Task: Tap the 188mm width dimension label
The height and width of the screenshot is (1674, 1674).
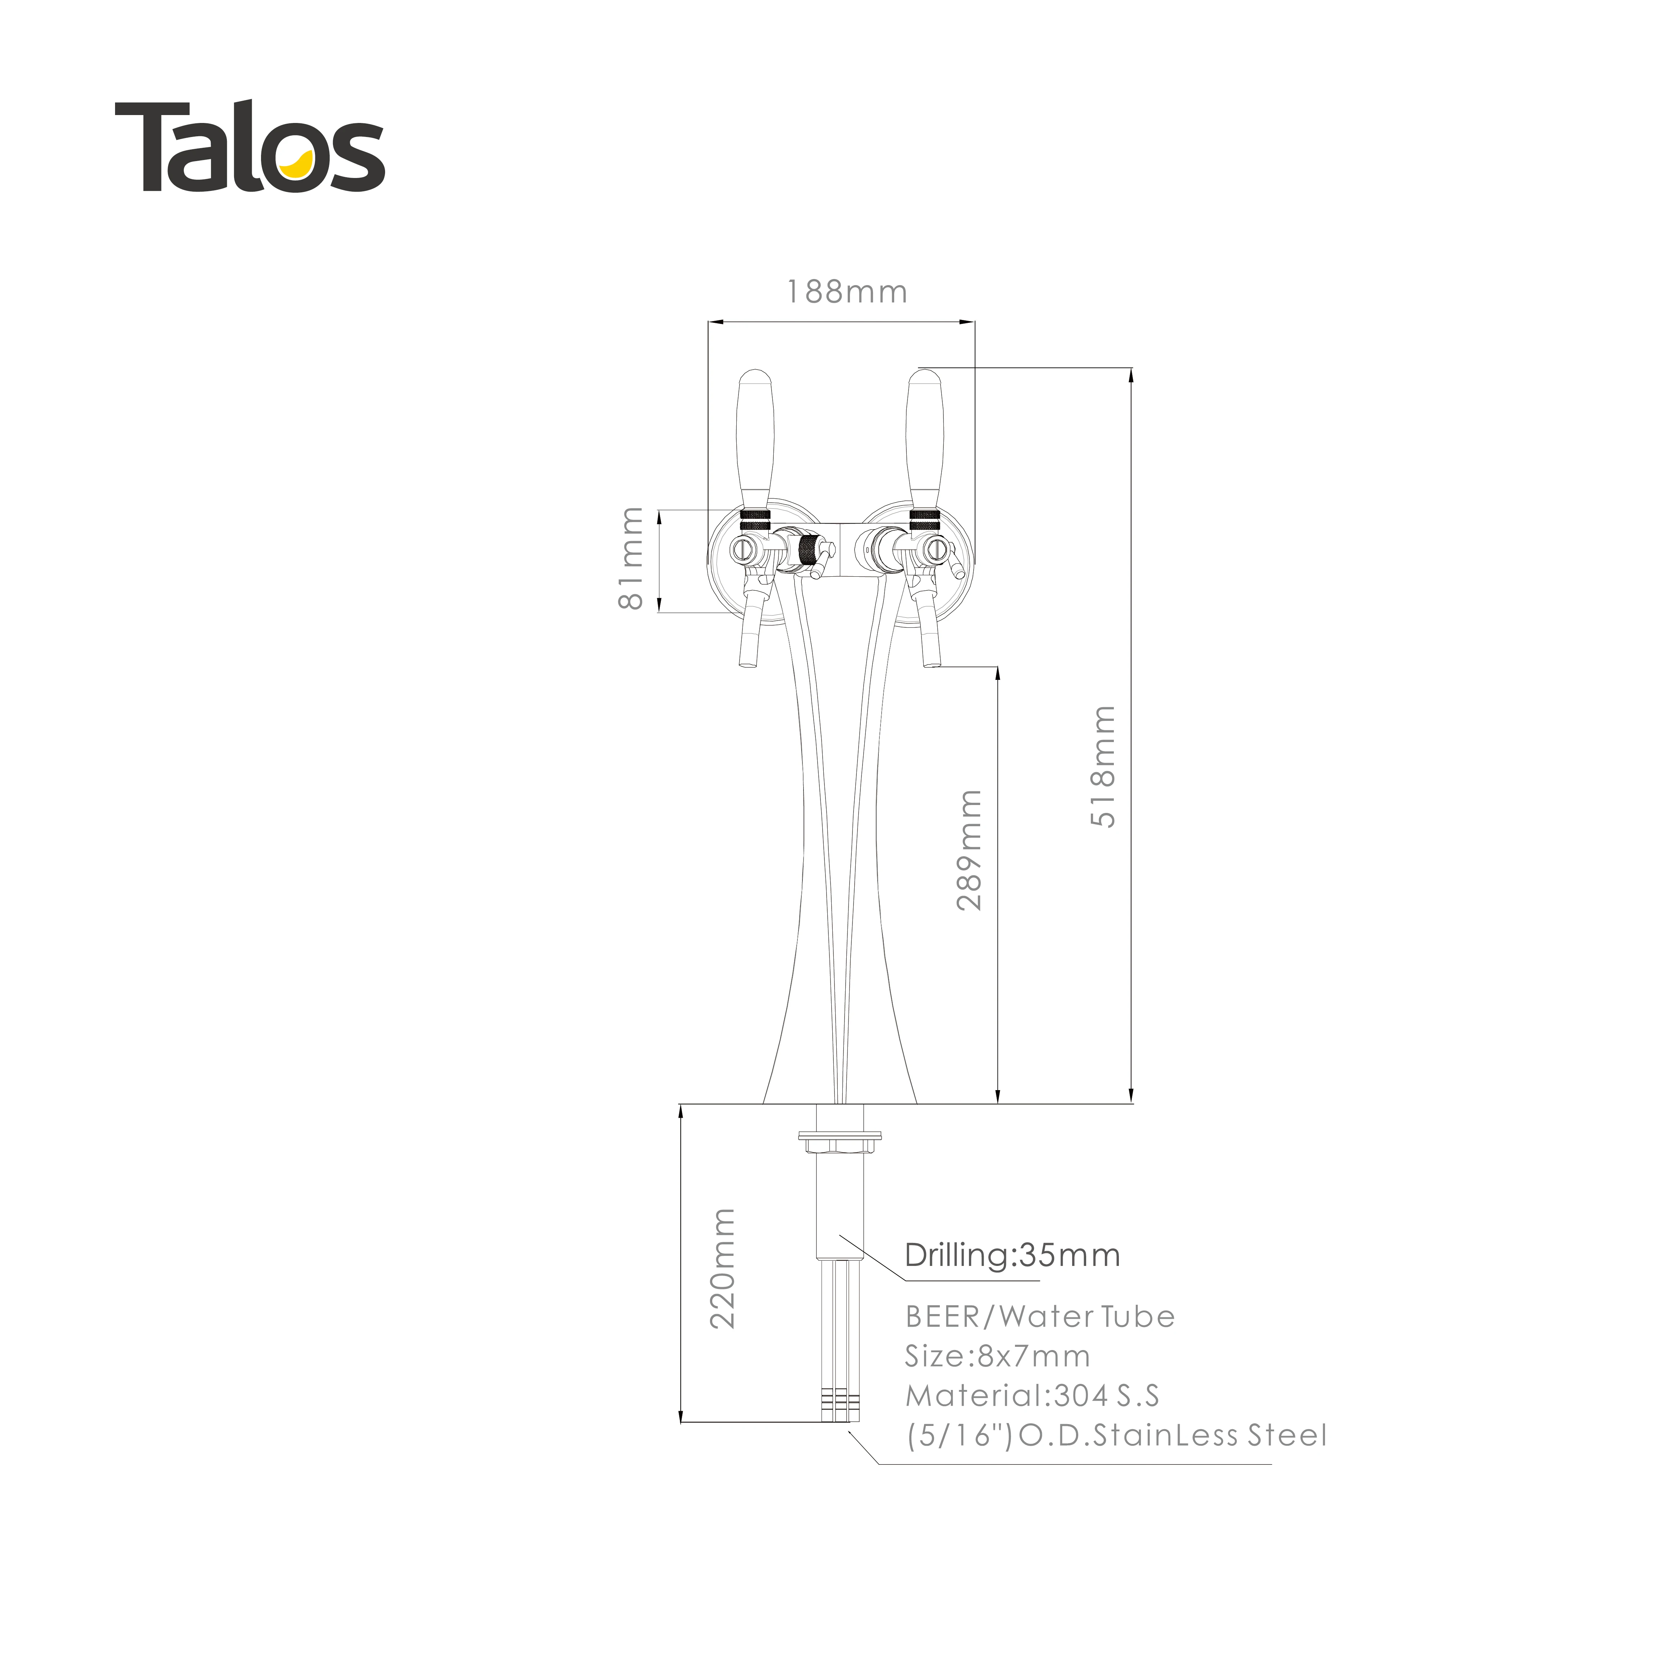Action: [x=847, y=292]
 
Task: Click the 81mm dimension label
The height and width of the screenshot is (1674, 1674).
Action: [x=632, y=559]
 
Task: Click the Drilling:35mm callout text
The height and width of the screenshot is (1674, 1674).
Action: [x=1012, y=1255]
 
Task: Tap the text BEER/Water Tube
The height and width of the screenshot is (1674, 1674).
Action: [x=1040, y=1317]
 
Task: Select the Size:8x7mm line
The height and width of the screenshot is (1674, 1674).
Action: [x=997, y=1356]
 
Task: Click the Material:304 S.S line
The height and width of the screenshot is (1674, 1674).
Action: [x=1032, y=1396]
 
